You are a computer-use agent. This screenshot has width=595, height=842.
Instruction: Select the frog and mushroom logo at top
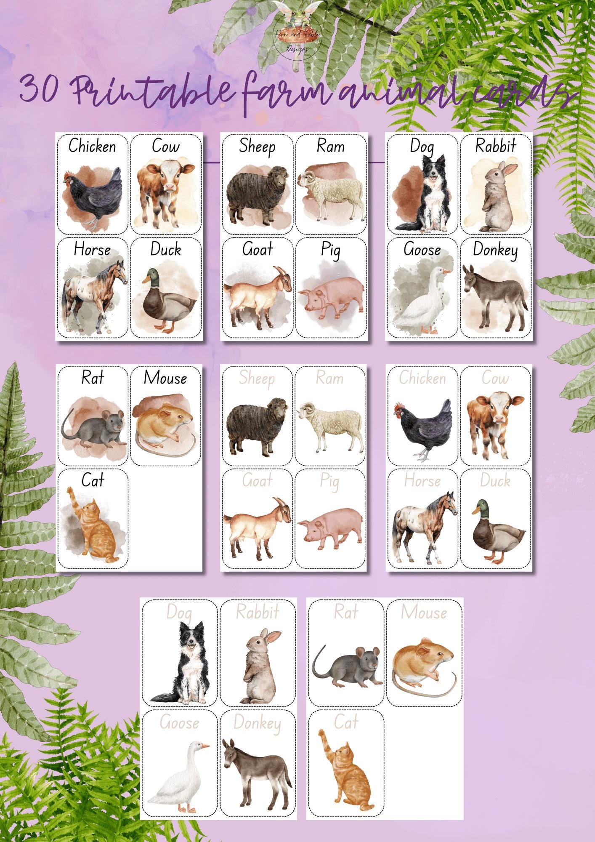tap(297, 32)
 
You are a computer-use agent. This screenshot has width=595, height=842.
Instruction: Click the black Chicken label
tap(92, 146)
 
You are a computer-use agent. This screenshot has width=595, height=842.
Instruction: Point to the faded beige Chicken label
tap(422, 378)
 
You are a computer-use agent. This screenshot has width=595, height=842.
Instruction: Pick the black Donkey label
tap(495, 250)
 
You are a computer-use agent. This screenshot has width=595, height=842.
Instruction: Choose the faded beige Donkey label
tap(257, 723)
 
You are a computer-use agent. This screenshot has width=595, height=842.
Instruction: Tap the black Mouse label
tap(165, 378)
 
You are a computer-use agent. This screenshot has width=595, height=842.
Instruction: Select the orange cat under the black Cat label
tap(97, 530)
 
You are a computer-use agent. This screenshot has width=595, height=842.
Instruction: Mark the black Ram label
tap(330, 146)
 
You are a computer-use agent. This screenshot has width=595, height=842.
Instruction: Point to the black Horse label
tap(92, 249)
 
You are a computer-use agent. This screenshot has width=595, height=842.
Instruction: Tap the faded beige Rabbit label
tap(257, 612)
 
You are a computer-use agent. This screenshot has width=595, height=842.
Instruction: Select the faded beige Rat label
tap(346, 612)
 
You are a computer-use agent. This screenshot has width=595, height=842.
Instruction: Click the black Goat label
tap(257, 249)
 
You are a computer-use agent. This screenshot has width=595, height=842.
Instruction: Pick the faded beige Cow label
tap(495, 378)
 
